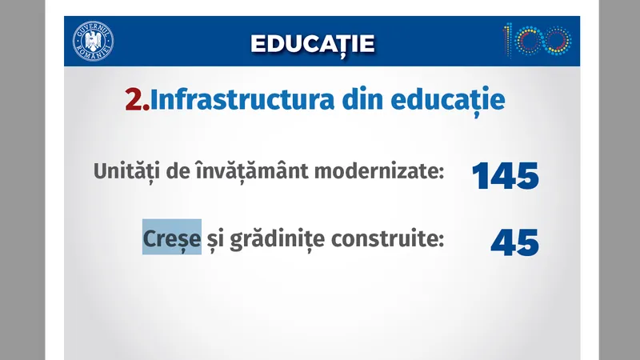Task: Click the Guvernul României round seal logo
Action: (x=93, y=42)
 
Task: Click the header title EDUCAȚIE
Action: (x=313, y=44)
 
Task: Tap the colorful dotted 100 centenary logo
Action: (x=537, y=41)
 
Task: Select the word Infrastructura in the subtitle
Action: (x=242, y=99)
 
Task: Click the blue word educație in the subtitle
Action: (x=448, y=101)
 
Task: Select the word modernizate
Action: (x=379, y=171)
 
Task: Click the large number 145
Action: (x=506, y=176)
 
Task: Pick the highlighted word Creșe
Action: (x=172, y=238)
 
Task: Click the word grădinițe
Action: (x=278, y=238)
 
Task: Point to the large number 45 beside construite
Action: (x=515, y=242)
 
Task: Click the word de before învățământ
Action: (x=178, y=171)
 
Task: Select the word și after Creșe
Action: (x=215, y=239)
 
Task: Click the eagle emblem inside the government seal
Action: (x=93, y=42)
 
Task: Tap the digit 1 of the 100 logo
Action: (x=507, y=41)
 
